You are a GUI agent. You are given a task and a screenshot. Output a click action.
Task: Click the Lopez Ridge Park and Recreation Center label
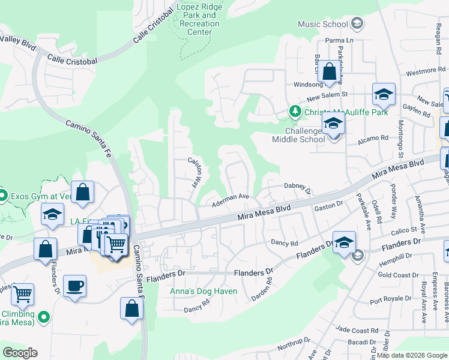199,19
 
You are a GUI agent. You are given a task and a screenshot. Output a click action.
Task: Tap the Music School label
323,24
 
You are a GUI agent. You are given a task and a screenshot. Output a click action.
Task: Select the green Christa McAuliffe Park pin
295,111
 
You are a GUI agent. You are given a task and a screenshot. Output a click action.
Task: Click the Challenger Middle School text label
298,136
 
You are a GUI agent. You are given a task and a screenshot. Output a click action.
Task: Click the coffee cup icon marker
74,286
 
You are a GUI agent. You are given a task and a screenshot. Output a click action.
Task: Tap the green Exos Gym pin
3,196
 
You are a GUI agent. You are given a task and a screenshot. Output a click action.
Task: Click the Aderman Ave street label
231,199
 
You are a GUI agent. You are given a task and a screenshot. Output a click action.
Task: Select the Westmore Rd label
421,71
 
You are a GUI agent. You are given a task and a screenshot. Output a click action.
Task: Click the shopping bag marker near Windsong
330,71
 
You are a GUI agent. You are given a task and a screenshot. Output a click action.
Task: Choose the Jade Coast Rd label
355,330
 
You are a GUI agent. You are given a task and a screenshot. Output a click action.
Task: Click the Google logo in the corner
20,353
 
